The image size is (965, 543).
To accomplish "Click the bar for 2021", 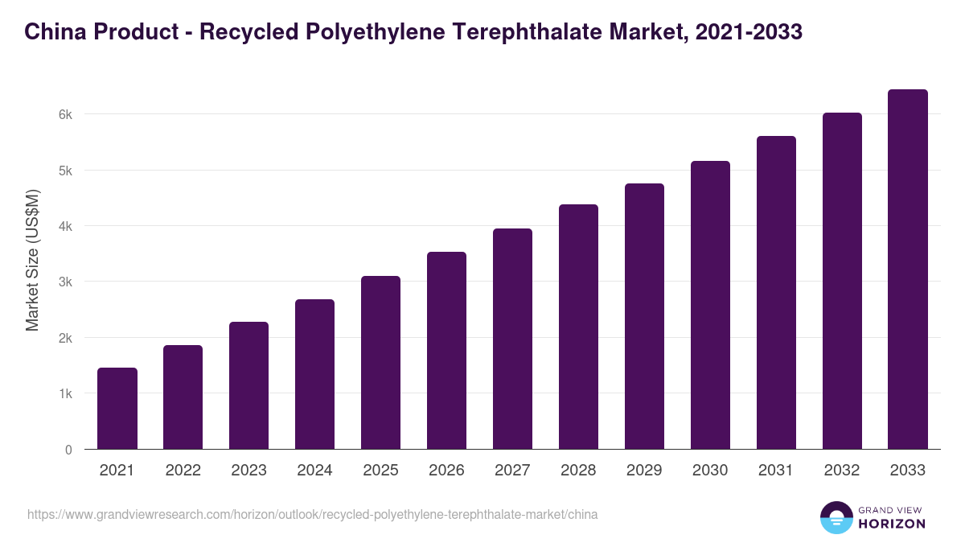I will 117,409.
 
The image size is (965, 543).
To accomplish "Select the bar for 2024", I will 314,374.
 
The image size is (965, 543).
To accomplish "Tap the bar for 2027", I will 512,339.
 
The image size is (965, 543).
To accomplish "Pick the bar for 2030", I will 710,305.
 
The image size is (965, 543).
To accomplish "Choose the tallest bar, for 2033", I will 908,269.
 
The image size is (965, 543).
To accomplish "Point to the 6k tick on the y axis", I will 65,114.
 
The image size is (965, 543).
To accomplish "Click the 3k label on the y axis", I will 65,282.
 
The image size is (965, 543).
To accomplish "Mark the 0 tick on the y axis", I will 68,450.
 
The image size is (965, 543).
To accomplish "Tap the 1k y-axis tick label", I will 65,394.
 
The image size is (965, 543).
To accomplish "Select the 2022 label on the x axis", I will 183,471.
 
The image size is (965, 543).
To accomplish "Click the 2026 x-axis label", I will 446,471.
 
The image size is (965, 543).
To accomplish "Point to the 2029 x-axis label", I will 644,471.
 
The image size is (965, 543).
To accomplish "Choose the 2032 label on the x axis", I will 842,471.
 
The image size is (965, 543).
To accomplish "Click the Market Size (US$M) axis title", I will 32,260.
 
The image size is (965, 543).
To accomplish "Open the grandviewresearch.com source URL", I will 313,514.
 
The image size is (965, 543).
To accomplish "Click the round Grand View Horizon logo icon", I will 836,517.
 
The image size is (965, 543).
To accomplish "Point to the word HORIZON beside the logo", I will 892,524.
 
